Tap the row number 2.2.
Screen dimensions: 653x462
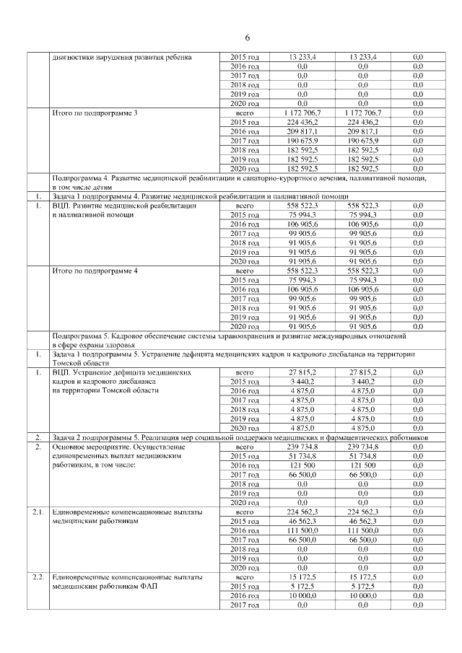click(38, 577)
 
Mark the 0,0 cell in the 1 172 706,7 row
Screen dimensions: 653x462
click(418, 113)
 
